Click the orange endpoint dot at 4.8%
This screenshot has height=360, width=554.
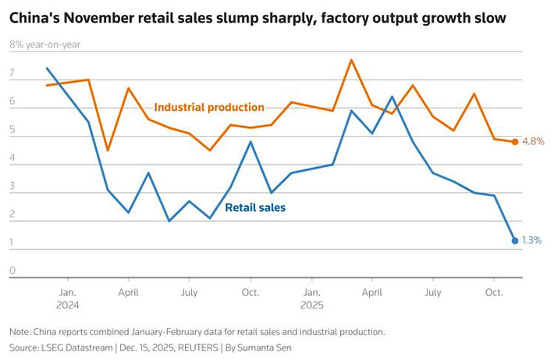(515, 141)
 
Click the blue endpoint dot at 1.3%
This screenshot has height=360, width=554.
(515, 241)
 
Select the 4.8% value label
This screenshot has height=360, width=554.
(532, 141)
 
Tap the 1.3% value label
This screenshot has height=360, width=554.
(532, 241)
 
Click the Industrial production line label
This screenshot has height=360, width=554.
(209, 108)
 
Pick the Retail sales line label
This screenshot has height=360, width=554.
(255, 208)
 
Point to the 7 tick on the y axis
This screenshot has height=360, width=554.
(12, 73)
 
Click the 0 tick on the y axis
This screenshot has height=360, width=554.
(12, 270)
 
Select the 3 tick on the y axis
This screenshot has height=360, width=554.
(12, 186)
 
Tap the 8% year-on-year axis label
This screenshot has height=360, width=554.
(44, 45)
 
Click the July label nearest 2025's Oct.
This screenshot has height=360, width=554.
(433, 292)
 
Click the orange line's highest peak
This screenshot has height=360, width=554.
(352, 59)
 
